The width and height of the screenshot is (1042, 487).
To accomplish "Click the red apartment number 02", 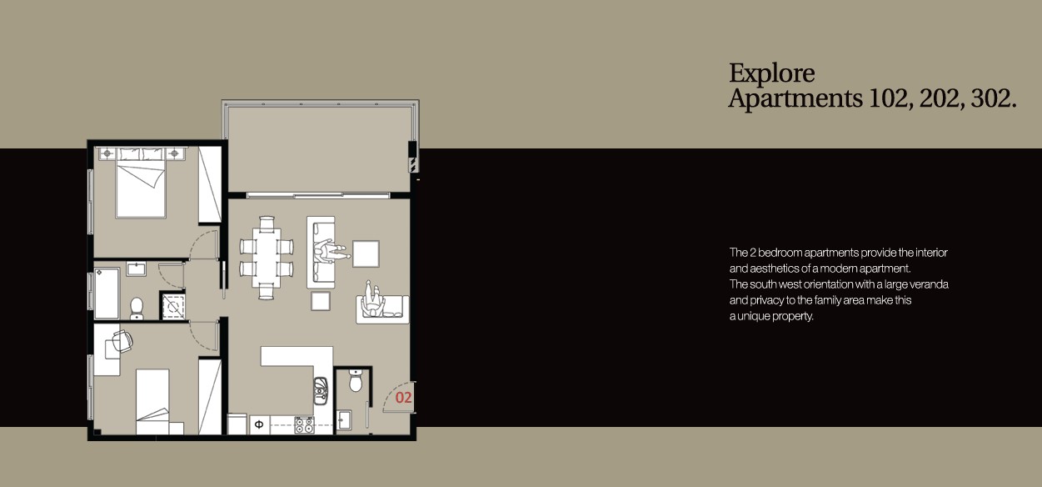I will click(x=403, y=398).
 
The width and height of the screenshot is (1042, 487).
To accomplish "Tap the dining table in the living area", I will click(x=267, y=257).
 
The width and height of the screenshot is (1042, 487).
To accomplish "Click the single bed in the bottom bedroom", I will click(x=153, y=401).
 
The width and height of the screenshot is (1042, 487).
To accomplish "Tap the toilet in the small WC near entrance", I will click(x=356, y=381).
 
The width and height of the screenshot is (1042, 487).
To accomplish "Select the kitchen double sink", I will click(x=321, y=390).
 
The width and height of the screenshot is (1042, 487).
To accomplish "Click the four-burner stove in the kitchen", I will click(x=304, y=424).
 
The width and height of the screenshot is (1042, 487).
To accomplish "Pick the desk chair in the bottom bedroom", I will click(x=121, y=341).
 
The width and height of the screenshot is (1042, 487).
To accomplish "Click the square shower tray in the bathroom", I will click(x=173, y=307).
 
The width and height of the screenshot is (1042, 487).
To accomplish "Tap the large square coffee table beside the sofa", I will click(x=366, y=254).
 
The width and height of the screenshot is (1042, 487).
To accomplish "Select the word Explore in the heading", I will click(x=771, y=73).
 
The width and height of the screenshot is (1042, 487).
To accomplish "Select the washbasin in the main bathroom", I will click(x=137, y=269).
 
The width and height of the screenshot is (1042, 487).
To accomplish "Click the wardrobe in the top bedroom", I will click(x=210, y=185).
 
